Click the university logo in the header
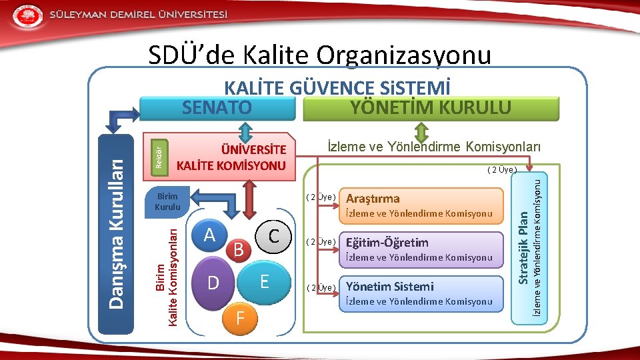click(x=27, y=15)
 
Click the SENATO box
click(x=217, y=108)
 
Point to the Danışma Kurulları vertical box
click(x=116, y=233)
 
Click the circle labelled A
click(x=210, y=235)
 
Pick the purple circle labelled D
click(x=213, y=283)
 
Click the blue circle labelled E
click(x=264, y=281)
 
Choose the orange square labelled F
click(x=240, y=320)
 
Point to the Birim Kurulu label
click(x=167, y=201)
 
